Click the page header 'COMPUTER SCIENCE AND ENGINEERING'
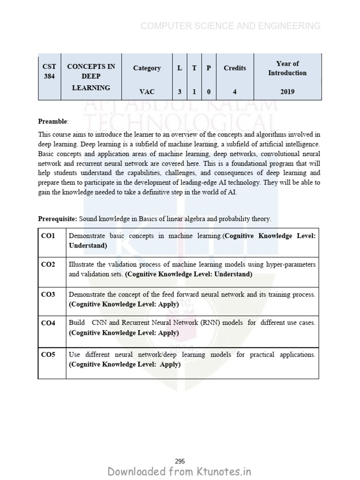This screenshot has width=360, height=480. [x=231, y=26]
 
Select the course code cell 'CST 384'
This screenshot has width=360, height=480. [x=49, y=71]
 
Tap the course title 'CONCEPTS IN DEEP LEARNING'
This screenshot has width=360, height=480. [x=91, y=77]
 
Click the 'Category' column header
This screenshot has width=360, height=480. [x=147, y=68]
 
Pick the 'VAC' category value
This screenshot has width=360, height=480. [x=147, y=91]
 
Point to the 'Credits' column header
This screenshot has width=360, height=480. [x=234, y=68]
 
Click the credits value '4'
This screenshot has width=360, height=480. [x=234, y=91]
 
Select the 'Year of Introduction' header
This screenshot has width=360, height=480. [x=287, y=68]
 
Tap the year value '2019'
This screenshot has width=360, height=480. [x=287, y=91]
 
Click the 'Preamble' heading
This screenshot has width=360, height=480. [x=53, y=121]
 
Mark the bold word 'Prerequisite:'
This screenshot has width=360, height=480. [x=58, y=219]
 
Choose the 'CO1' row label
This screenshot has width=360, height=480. [x=48, y=236]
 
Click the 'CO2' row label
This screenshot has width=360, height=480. [x=48, y=265]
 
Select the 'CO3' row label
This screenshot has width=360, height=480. [x=48, y=294]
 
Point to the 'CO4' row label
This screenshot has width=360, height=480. [x=48, y=323]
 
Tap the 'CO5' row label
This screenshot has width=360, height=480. [x=48, y=355]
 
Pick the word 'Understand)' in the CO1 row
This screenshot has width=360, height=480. [x=88, y=246]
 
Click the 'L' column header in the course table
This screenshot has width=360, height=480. [x=180, y=68]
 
